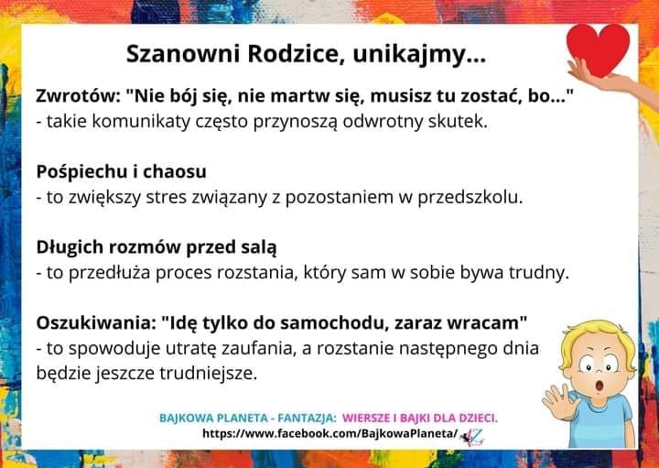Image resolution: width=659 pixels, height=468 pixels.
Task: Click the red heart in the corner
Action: (598, 49)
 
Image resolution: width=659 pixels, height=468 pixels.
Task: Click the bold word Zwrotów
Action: (77, 96)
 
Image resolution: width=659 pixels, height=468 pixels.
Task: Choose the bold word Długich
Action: (70, 247)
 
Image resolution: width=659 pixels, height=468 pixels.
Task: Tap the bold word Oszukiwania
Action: (95, 323)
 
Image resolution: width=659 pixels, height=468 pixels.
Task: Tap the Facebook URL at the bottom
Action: (329, 433)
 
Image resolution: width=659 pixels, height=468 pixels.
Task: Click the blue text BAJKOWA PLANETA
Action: (213, 419)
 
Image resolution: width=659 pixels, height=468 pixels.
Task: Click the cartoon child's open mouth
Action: (600, 385)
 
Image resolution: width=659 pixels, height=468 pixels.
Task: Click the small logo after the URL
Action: (472, 438)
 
